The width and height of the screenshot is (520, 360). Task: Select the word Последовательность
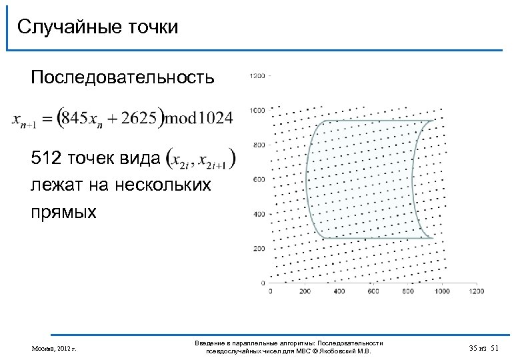point(123,79)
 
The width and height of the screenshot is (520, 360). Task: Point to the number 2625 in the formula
point(139,119)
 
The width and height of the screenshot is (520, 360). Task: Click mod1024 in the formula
point(199,119)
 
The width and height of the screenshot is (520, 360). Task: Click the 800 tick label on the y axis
point(258,145)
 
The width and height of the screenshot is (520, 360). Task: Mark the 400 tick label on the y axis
point(258,214)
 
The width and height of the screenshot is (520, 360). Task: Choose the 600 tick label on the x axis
point(373,291)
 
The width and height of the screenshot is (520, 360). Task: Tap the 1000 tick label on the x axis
point(441,291)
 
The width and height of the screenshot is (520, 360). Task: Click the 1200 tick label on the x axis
point(476,291)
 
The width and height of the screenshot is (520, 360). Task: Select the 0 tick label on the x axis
point(271,291)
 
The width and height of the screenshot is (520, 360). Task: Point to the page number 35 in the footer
point(473,347)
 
